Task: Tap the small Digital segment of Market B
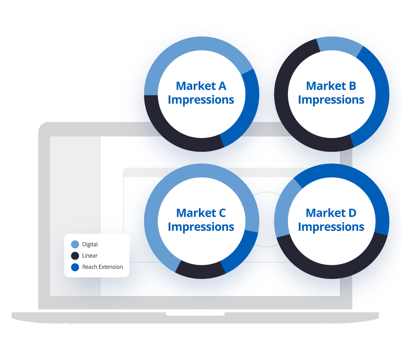(x=339, y=45)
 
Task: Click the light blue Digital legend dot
(x=75, y=244)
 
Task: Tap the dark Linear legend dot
(x=75, y=256)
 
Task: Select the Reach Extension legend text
(x=102, y=267)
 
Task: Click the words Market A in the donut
(x=201, y=86)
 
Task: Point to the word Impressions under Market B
(x=331, y=100)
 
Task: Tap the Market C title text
(x=201, y=213)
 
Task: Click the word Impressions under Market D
(x=331, y=227)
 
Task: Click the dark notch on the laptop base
(x=195, y=313)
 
